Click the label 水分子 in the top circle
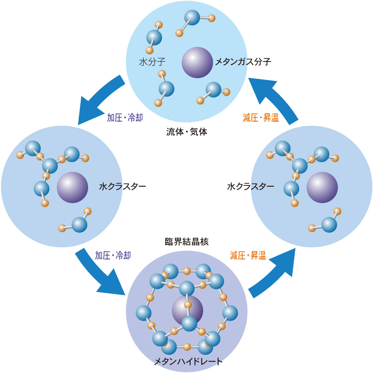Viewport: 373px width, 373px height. coord(152,62)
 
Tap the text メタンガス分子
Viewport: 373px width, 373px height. coord(243,62)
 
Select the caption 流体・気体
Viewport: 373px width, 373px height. coord(187,132)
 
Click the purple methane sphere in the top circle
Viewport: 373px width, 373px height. coord(197,62)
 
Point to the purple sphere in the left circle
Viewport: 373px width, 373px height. coord(72,188)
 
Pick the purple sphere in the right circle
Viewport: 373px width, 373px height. coord(322,188)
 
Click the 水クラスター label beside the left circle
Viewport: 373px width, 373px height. coord(122,186)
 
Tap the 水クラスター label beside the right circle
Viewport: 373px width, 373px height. coord(251,186)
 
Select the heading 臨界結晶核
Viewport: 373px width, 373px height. coord(187,242)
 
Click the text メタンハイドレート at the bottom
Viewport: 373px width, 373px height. coord(188,361)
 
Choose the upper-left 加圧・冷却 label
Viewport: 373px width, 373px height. coord(125,117)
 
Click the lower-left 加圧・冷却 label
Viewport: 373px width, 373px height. coord(113,255)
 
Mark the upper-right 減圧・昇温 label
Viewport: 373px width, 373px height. coord(261,117)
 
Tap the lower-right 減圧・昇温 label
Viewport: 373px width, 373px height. coord(248,255)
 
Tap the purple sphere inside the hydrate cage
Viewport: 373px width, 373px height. coord(188,311)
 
